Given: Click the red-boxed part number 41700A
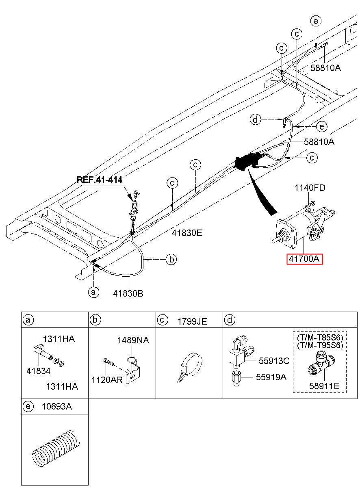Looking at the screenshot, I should pos(305,258).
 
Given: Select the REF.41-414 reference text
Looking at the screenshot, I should pos(100,179).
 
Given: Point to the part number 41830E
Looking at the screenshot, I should pos(187,233).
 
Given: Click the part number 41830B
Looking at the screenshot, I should pos(129,293).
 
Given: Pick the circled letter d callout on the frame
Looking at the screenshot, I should pos(255,119).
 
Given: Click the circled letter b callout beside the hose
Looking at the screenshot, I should pos(172,259).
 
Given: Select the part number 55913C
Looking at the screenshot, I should pos(274,361).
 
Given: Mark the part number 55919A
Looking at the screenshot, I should pos(271,377).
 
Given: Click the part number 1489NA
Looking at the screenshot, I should pos(133,340).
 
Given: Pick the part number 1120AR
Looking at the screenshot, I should pos(107,380).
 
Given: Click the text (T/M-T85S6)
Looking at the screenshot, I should pos(320,337).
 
